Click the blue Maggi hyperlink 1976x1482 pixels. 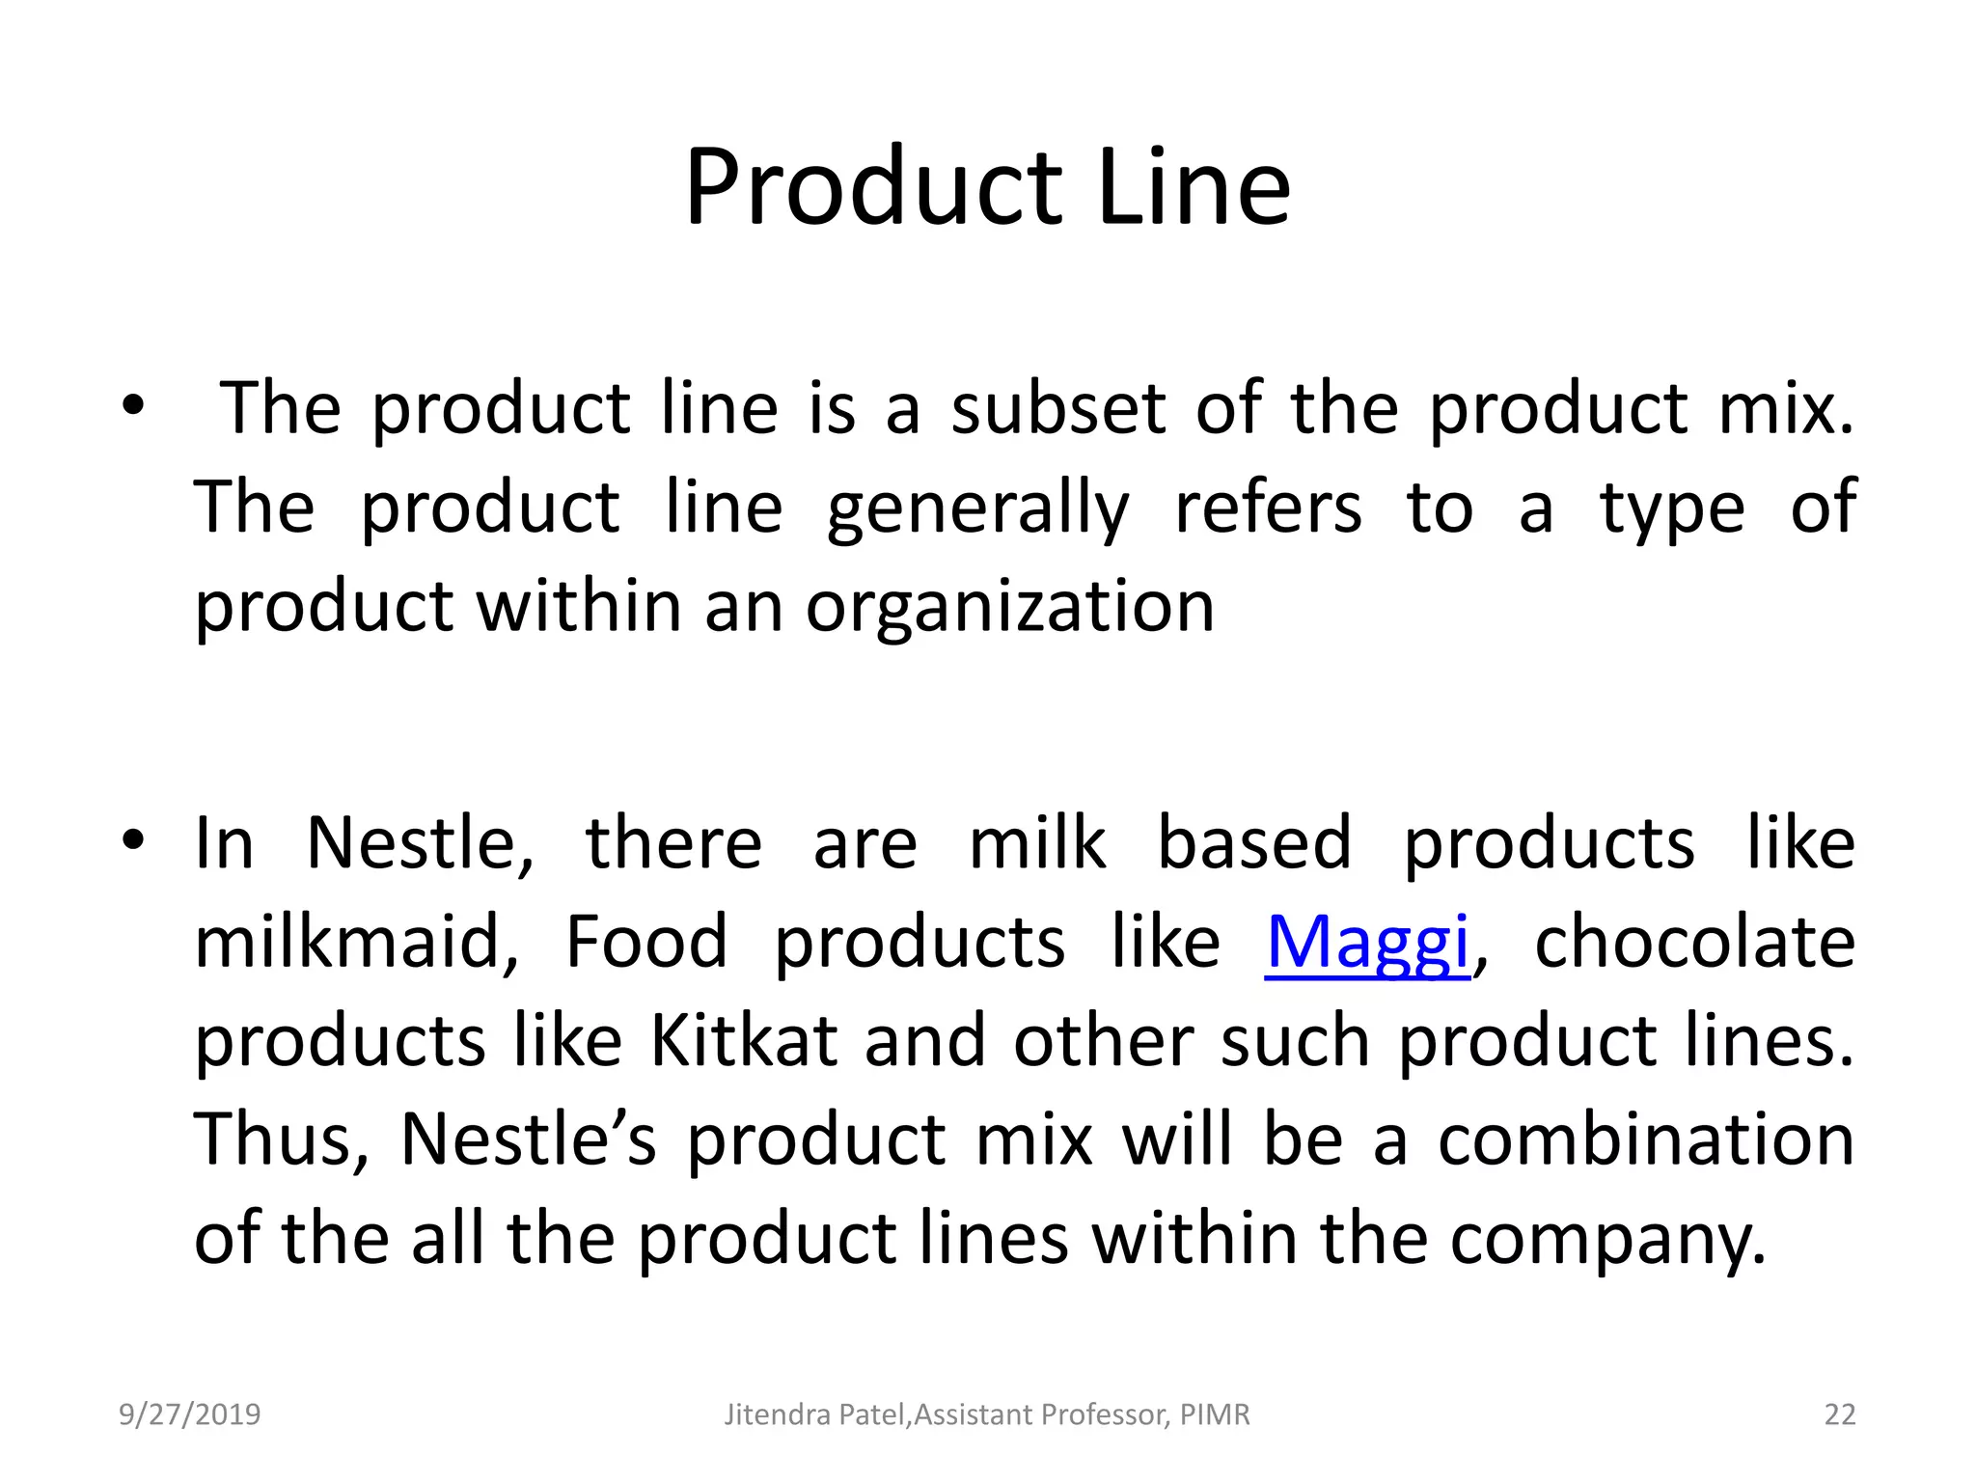pos(1367,943)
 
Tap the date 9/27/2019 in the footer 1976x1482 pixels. pos(189,1414)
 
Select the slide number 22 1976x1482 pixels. pos(1840,1414)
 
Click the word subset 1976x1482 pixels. pos(1058,408)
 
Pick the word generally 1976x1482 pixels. pos(977,508)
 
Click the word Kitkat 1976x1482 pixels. pos(743,1041)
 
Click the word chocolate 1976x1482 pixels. pos(1694,943)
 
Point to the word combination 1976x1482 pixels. pos(1646,1140)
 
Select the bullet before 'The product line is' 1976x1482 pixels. pos(133,406)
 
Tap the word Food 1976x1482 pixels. pos(645,943)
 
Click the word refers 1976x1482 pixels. pos(1268,508)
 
